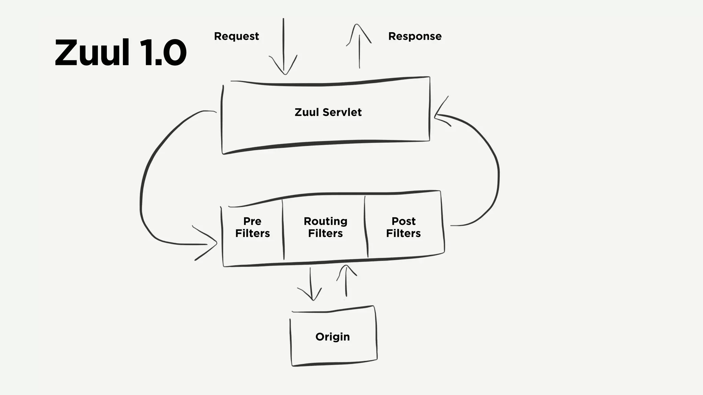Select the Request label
tap(236, 36)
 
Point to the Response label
tap(415, 36)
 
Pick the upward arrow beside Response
tap(359, 46)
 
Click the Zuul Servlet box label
tap(328, 112)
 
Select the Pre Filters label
tap(252, 227)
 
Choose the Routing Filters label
tap(325, 227)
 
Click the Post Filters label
tap(403, 227)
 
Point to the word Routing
tap(325, 221)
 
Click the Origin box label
tap(332, 337)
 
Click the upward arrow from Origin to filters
tap(346, 281)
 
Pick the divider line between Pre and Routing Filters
tap(283, 230)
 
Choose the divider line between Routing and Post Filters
tap(366, 226)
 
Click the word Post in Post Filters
tap(403, 221)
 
